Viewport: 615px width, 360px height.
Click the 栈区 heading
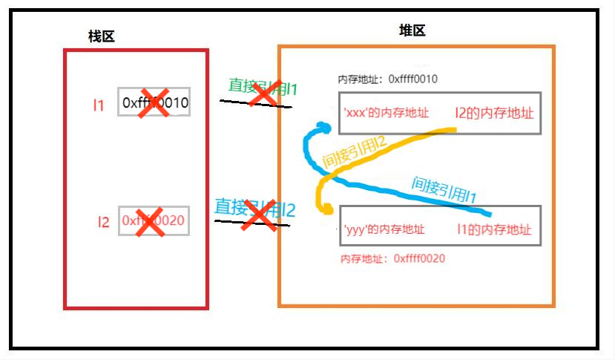[102, 36]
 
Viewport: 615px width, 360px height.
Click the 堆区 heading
[412, 30]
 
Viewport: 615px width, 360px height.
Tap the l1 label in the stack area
[99, 105]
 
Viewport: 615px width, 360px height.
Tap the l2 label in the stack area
[104, 221]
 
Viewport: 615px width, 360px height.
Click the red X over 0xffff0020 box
[150, 221]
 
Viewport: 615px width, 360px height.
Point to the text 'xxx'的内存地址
[386, 114]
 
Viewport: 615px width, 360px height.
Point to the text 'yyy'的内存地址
[384, 230]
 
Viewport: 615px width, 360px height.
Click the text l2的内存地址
[495, 113]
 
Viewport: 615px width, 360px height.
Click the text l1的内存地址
[494, 230]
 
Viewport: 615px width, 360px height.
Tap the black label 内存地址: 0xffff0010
[387, 79]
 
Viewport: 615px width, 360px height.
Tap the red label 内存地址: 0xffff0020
[392, 258]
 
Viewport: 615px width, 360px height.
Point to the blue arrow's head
[320, 127]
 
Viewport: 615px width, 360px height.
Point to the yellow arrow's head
[326, 211]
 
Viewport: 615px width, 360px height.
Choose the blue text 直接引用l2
[254, 207]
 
